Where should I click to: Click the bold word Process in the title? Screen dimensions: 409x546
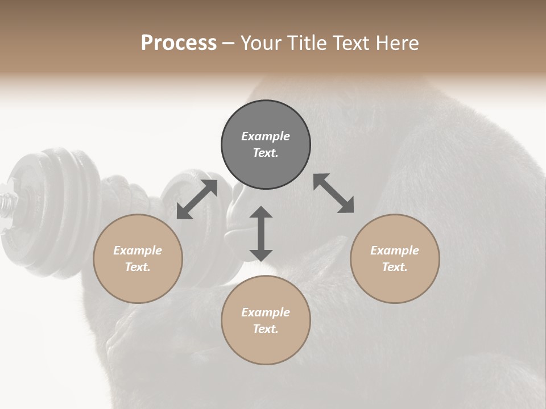179,43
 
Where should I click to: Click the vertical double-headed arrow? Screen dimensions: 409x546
261,233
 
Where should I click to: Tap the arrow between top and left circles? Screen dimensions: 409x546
197,199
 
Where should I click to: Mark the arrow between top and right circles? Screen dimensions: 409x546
334,193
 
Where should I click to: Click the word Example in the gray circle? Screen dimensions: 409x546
266,136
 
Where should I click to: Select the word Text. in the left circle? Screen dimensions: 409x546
138,267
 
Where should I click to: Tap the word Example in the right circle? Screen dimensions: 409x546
395,251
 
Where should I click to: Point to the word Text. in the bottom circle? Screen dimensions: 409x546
266,329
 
